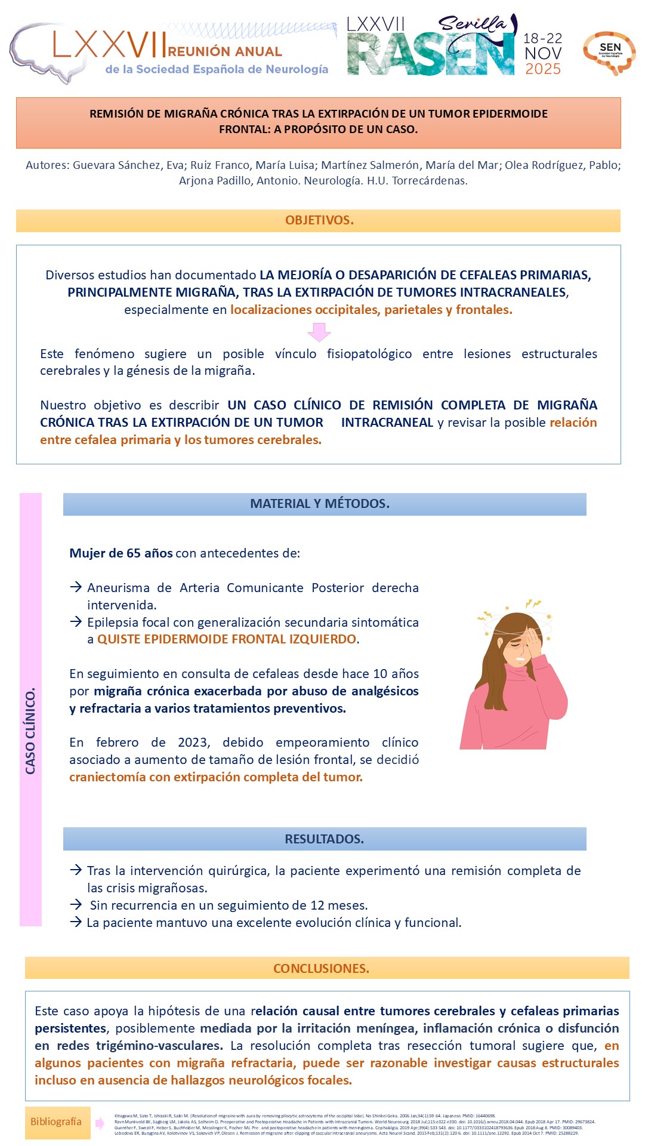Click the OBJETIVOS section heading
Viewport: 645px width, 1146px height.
[x=319, y=220]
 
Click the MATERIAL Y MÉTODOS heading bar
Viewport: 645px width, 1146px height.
[x=320, y=504]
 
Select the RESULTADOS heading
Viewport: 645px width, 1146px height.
[x=324, y=839]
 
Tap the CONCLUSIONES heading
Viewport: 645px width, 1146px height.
[x=321, y=968]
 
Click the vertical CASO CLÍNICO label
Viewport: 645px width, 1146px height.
[x=30, y=731]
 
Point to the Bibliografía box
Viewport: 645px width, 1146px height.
[x=57, y=1122]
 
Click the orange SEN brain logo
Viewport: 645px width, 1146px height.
[x=609, y=53]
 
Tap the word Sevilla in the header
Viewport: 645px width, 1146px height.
[x=471, y=24]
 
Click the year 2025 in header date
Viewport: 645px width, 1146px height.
[x=542, y=69]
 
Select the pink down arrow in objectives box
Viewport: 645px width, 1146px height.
[x=319, y=332]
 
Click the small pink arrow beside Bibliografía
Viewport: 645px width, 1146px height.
[x=100, y=1123]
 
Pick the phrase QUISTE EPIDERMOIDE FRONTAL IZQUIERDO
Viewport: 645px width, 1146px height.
[x=227, y=639]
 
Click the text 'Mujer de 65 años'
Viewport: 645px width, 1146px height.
[x=121, y=553]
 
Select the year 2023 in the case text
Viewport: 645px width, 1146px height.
[x=193, y=743]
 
